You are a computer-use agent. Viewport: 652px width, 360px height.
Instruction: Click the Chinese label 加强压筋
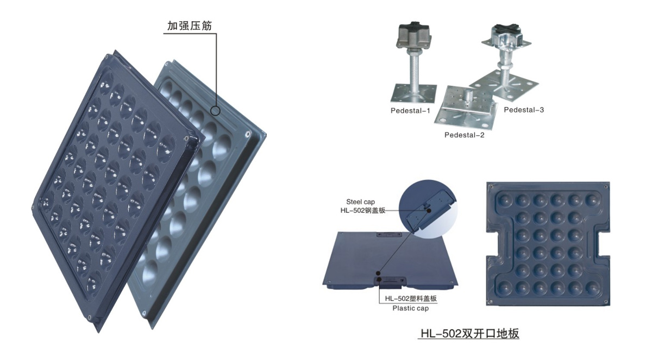click(190, 26)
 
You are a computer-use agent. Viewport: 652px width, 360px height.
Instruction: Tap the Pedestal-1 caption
click(410, 111)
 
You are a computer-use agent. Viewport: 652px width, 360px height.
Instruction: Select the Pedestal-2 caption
click(464, 135)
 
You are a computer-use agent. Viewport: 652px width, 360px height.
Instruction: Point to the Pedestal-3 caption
click(524, 110)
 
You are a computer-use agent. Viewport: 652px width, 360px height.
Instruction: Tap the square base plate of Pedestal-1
click(413, 93)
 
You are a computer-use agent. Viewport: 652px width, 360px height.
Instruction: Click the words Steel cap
click(360, 202)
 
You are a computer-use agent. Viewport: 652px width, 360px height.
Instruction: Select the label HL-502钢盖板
click(363, 210)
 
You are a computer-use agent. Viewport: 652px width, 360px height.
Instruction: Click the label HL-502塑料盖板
click(411, 298)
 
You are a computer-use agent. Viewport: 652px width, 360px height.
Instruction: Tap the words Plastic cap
click(410, 308)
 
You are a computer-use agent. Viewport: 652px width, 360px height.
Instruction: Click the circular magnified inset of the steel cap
click(428, 207)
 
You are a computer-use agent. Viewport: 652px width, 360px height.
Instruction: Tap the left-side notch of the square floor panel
click(492, 244)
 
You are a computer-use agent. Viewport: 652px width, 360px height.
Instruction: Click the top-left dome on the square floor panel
click(504, 200)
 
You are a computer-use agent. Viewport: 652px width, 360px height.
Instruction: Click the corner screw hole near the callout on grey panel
click(248, 134)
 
